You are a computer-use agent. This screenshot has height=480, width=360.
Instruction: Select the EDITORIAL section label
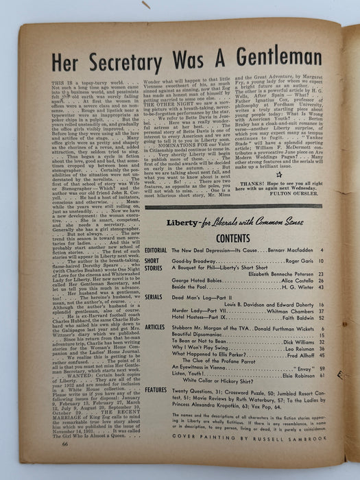[156, 251]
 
